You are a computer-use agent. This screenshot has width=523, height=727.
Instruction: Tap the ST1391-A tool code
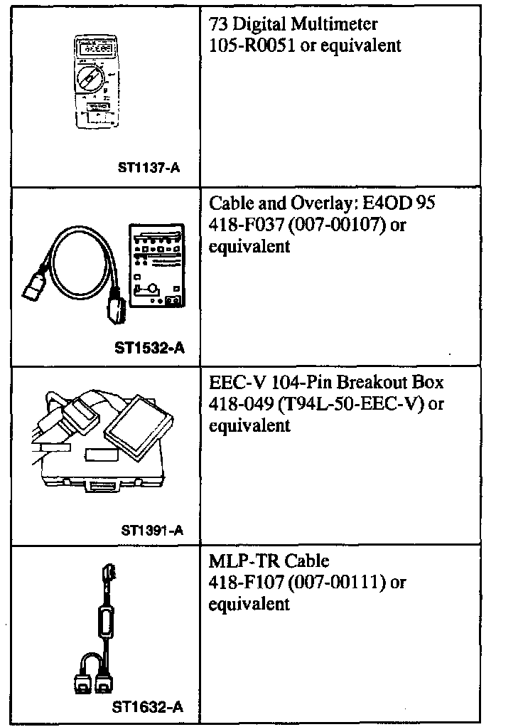(x=152, y=530)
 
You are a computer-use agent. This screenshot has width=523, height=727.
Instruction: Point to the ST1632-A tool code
(x=148, y=708)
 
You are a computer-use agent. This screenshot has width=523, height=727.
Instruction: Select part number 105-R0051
(x=251, y=46)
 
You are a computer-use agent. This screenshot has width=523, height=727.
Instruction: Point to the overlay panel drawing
(x=154, y=267)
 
